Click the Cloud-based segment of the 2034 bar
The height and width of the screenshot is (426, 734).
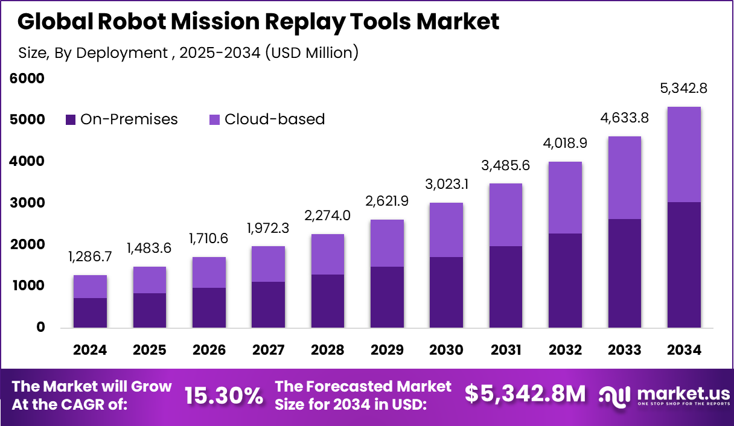click(x=684, y=154)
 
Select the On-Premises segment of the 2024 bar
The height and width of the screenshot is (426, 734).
click(x=90, y=313)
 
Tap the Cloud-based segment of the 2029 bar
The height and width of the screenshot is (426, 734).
click(x=387, y=243)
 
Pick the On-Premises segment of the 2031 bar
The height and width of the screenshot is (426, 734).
click(x=506, y=287)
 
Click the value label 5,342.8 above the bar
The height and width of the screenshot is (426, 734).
click(x=684, y=89)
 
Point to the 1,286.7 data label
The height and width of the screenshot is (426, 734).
click(x=90, y=258)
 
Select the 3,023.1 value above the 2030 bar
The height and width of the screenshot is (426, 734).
click(x=447, y=185)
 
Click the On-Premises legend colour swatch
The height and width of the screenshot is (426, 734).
click(x=71, y=119)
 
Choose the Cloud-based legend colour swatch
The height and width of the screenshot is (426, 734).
click(x=215, y=119)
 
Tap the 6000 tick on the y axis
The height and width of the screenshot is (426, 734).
click(x=27, y=78)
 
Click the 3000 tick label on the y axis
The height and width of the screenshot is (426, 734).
click(x=27, y=203)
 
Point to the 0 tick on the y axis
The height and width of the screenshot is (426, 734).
click(x=40, y=327)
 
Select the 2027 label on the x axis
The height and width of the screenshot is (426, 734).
click(x=268, y=350)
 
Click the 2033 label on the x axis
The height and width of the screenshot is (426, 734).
click(x=624, y=350)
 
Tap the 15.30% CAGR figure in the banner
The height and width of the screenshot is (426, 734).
click(x=223, y=395)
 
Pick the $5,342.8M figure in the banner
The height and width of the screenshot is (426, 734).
click(x=525, y=393)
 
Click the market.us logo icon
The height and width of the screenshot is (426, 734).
click(x=614, y=395)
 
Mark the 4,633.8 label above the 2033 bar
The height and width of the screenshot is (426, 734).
click(x=624, y=118)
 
